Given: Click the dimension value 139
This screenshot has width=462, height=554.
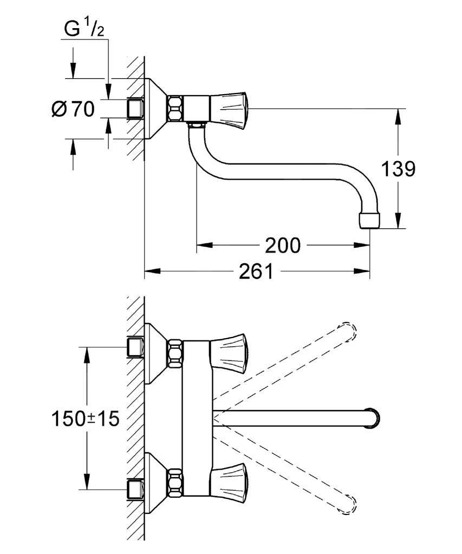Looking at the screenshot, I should tap(398, 169).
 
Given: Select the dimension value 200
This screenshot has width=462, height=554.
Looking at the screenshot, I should tap(282, 246).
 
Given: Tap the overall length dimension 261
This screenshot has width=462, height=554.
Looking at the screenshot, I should tap(256, 272).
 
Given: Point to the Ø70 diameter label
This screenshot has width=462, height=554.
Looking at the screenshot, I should tap(73, 109).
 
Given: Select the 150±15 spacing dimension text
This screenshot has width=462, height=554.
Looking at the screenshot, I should tap(85, 418).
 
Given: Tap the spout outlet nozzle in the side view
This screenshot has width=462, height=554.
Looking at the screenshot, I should tap(369, 220).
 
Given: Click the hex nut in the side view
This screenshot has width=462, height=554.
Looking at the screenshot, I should tap(175, 108).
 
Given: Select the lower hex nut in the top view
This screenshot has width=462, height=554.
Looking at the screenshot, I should tap(175, 480).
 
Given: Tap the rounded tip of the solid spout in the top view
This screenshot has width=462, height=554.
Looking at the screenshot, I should tap(374, 418).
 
